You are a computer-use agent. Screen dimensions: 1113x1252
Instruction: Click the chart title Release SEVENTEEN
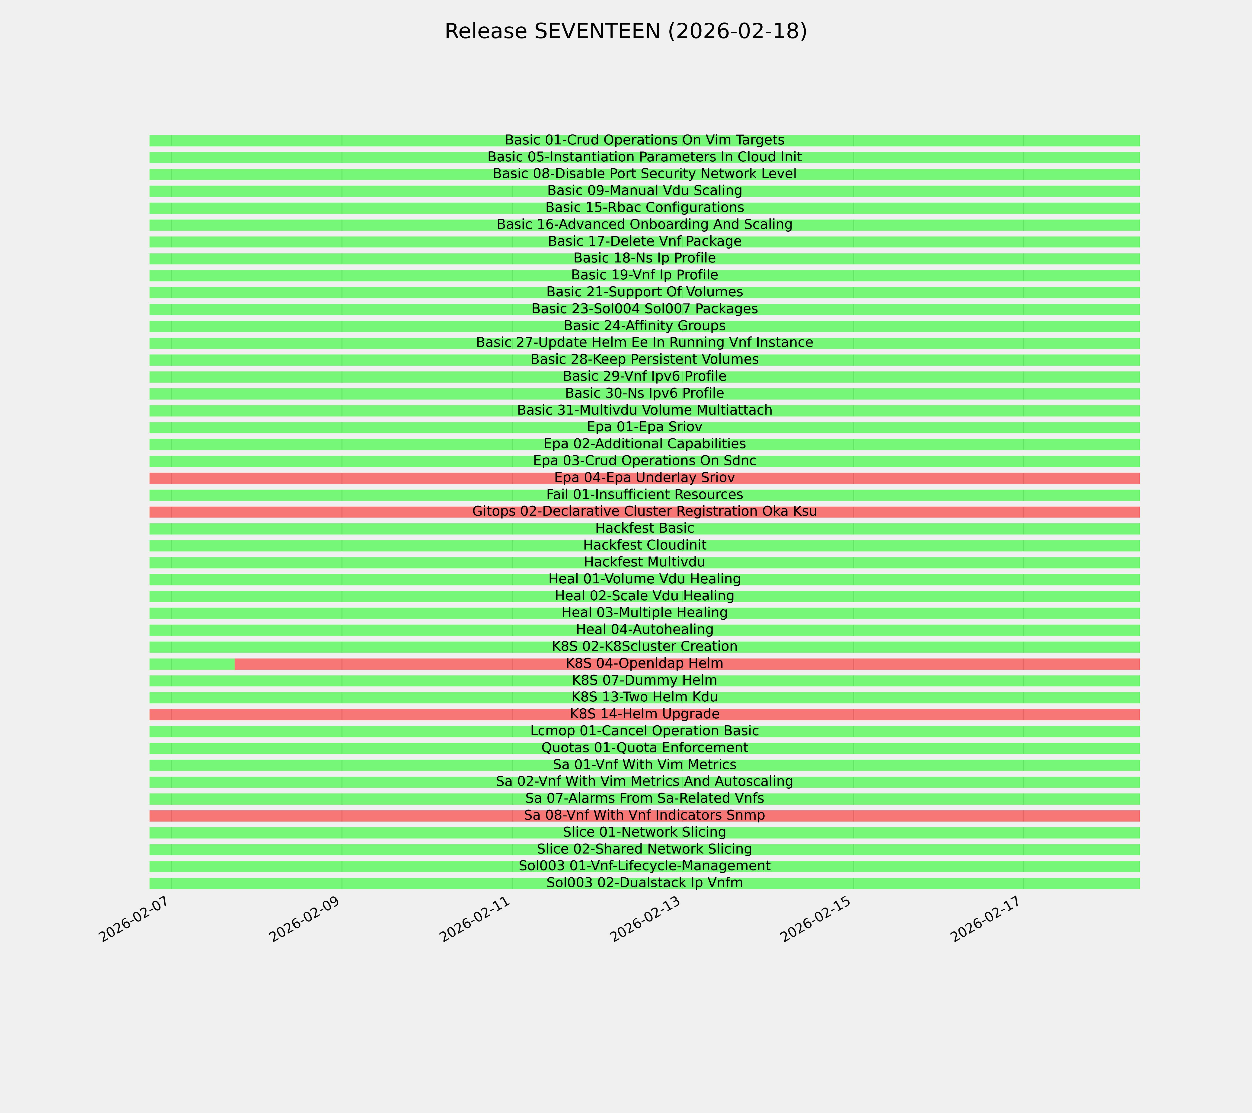625,31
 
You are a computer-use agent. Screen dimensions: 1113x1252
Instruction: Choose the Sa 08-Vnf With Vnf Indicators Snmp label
644,815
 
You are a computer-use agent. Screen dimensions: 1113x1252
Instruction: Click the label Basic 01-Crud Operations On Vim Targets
644,140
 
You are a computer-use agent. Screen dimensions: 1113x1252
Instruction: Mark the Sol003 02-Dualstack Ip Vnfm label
644,883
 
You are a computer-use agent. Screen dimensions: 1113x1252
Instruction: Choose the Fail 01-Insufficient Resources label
644,494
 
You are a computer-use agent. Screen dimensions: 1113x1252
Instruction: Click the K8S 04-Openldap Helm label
644,663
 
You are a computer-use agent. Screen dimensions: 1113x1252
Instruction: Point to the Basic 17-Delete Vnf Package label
644,241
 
